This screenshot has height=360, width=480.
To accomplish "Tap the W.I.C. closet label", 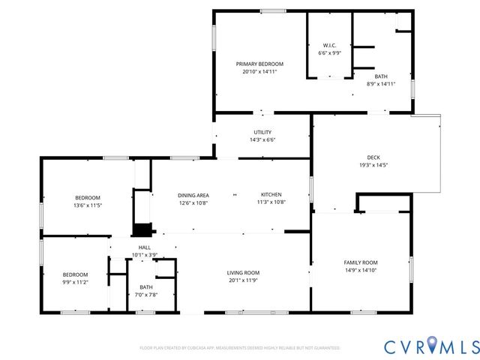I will coord(328,46).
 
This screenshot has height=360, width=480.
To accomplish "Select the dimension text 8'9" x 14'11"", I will coord(381,84).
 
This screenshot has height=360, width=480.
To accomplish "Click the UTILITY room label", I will coord(262,132).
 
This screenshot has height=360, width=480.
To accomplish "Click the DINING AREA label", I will coord(193,194).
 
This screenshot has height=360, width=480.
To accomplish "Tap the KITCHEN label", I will coord(271,194).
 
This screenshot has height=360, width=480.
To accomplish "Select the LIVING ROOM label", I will coord(244,273).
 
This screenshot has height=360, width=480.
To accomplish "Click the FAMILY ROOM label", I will coord(361,262).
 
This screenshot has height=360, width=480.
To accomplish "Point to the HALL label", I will coord(144,247).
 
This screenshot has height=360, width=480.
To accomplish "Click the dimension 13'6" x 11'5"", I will coord(87,205).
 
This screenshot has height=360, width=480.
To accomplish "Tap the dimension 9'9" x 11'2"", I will coord(75,282).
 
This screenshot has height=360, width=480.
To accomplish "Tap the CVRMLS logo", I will coord(430,346).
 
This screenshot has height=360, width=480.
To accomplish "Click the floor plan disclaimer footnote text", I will coord(240,348).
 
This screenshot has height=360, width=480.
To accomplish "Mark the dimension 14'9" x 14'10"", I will coord(361,271).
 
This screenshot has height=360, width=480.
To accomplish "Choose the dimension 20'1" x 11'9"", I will coord(244,281).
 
